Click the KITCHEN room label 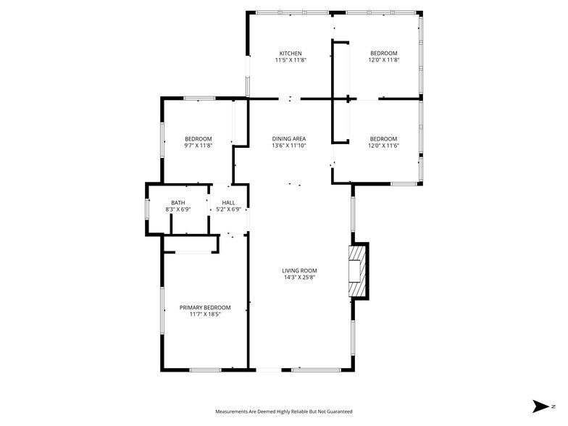(291, 54)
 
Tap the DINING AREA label (289, 139)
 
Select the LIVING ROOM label (300, 271)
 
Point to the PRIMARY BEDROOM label (205, 307)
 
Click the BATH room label (178, 203)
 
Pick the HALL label (228, 203)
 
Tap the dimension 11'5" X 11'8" (291, 61)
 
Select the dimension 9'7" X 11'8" (198, 146)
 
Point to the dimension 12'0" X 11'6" (383, 146)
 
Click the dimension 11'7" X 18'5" (205, 314)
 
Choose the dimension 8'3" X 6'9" (178, 210)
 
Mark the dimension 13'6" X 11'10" (289, 146)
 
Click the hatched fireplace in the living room (357, 271)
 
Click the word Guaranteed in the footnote (339, 412)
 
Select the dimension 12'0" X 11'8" (383, 61)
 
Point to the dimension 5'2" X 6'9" (228, 210)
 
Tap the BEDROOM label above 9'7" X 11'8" (198, 139)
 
